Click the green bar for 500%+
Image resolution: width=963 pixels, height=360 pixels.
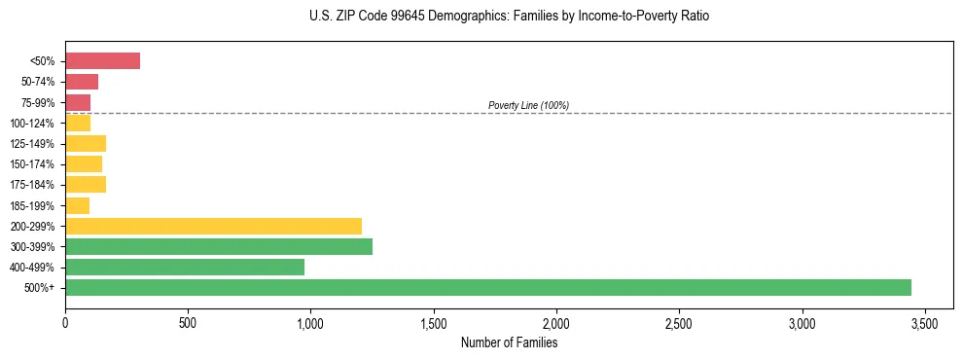pyautogui.click(x=488, y=287)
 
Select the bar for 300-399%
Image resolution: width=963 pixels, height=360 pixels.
pyautogui.click(x=219, y=246)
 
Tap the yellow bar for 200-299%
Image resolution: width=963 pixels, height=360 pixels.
pyautogui.click(x=213, y=226)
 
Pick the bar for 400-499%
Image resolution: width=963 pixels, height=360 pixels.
pyautogui.click(x=185, y=267)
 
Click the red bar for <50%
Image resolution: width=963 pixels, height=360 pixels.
pyautogui.click(x=102, y=61)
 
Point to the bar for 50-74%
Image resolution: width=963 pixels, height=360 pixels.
pyautogui.click(x=82, y=82)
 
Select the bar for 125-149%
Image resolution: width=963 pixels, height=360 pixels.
pyautogui.click(x=86, y=144)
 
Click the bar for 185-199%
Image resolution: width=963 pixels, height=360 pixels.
pyautogui.click(x=78, y=205)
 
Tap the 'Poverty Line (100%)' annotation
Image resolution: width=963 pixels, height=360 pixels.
pyautogui.click(x=528, y=105)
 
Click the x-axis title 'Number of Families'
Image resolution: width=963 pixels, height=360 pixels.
pyautogui.click(x=509, y=342)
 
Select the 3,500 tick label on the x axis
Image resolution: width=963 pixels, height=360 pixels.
pyautogui.click(x=924, y=321)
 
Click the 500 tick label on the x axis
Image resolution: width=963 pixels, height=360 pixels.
pyautogui.click(x=188, y=321)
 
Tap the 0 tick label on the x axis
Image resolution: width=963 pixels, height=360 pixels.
pyautogui.click(x=65, y=321)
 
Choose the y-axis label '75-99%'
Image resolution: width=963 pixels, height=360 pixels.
pyautogui.click(x=40, y=103)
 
